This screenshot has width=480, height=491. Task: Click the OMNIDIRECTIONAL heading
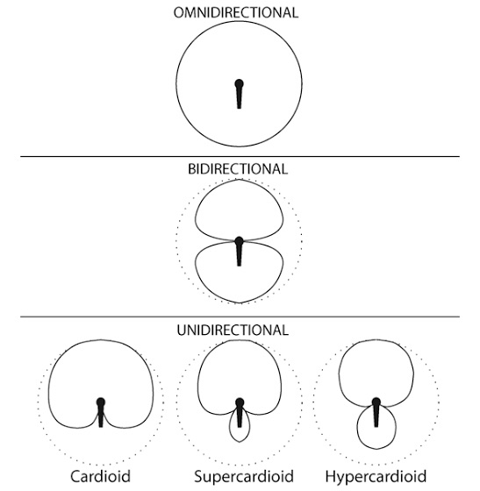click(x=236, y=13)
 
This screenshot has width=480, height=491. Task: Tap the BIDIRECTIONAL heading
click(x=238, y=169)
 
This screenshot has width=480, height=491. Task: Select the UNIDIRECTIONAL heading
click(x=233, y=331)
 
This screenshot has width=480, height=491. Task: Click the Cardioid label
click(x=100, y=476)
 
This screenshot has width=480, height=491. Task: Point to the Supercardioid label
click(x=244, y=477)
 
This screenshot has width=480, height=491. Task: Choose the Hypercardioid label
click(x=376, y=477)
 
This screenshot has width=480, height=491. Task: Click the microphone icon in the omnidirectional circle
click(x=239, y=94)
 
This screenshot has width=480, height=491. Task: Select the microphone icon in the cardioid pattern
click(x=101, y=412)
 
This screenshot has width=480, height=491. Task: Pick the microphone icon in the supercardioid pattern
click(x=240, y=412)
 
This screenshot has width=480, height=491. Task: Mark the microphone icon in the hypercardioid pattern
click(x=376, y=412)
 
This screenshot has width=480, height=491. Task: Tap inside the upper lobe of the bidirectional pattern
click(x=239, y=210)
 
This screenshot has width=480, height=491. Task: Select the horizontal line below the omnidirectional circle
click(x=240, y=156)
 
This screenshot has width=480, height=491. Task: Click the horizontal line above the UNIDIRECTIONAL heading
click(x=240, y=317)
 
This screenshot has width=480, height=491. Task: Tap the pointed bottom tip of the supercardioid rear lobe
click(x=240, y=442)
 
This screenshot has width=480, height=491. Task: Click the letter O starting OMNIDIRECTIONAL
click(x=179, y=13)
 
